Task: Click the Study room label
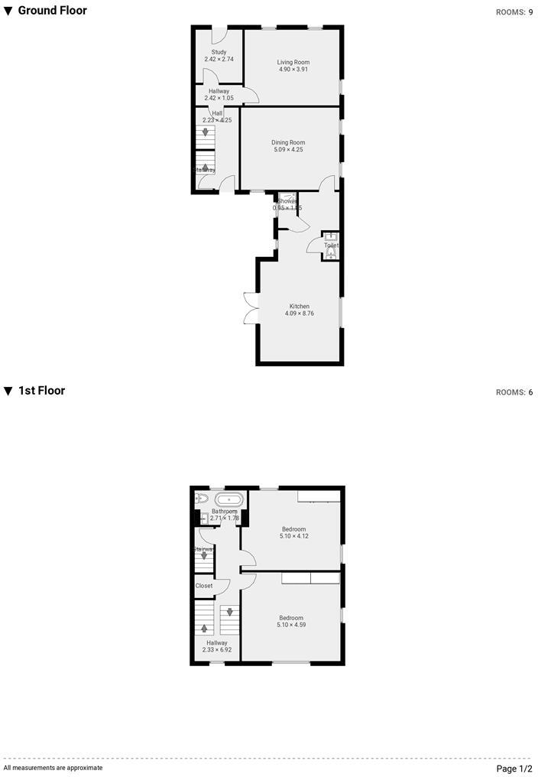coord(219,52)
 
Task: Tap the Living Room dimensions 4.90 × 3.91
coord(293,70)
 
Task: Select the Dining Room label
coord(288,142)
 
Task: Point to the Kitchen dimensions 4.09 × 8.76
coord(299,314)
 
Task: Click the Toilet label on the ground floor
coord(331,245)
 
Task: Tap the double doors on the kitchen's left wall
coord(250,309)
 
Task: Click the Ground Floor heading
coord(52,11)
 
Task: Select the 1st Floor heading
coord(41,391)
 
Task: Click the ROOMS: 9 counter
coord(514,12)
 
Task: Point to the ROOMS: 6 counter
coord(514,392)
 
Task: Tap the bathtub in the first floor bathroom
coord(228,499)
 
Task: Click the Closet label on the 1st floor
coord(204,586)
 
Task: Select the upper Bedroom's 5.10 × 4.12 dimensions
coord(293,537)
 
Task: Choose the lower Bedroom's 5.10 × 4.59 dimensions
coord(291,626)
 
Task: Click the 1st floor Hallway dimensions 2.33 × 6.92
coord(217,650)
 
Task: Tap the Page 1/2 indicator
coord(514,768)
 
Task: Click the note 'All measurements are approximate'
coord(53,767)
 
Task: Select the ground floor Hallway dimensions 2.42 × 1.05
coord(219,98)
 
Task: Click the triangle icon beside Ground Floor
coord(8,11)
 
